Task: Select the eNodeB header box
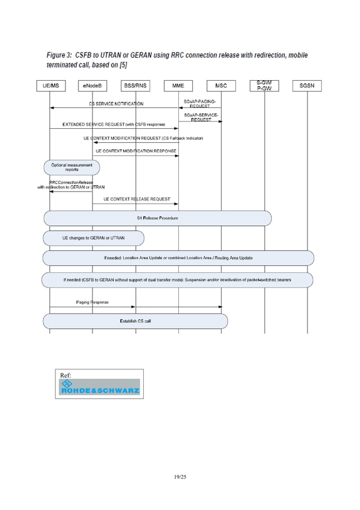click(92, 86)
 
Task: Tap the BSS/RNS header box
click(135, 86)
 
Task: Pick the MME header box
click(178, 86)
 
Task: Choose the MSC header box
click(221, 86)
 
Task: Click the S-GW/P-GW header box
click(264, 85)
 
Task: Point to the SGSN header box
click(307, 86)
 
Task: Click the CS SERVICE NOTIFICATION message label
click(116, 104)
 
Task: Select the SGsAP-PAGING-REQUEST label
click(200, 103)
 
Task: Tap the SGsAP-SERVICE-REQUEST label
click(200, 117)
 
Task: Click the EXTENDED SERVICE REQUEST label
click(113, 124)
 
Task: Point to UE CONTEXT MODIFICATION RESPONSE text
click(136, 151)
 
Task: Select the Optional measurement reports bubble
click(72, 167)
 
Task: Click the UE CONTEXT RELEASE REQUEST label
click(137, 199)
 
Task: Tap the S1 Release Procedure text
click(157, 218)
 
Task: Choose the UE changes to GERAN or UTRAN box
click(94, 238)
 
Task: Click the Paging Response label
click(93, 302)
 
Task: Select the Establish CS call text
click(135, 321)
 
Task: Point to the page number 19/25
click(179, 478)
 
